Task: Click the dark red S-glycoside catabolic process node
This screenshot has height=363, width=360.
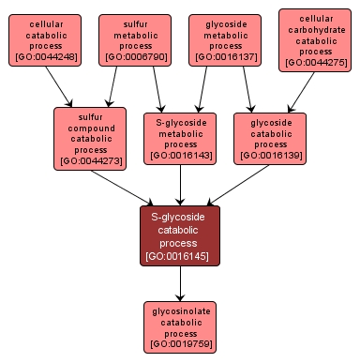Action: [x=180, y=235]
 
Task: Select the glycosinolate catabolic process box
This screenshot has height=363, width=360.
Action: [x=180, y=326]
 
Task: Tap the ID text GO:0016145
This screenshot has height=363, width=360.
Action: [x=180, y=255]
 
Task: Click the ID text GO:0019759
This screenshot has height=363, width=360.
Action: [x=180, y=345]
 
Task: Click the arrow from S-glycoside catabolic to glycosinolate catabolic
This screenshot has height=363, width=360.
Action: [x=180, y=282]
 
